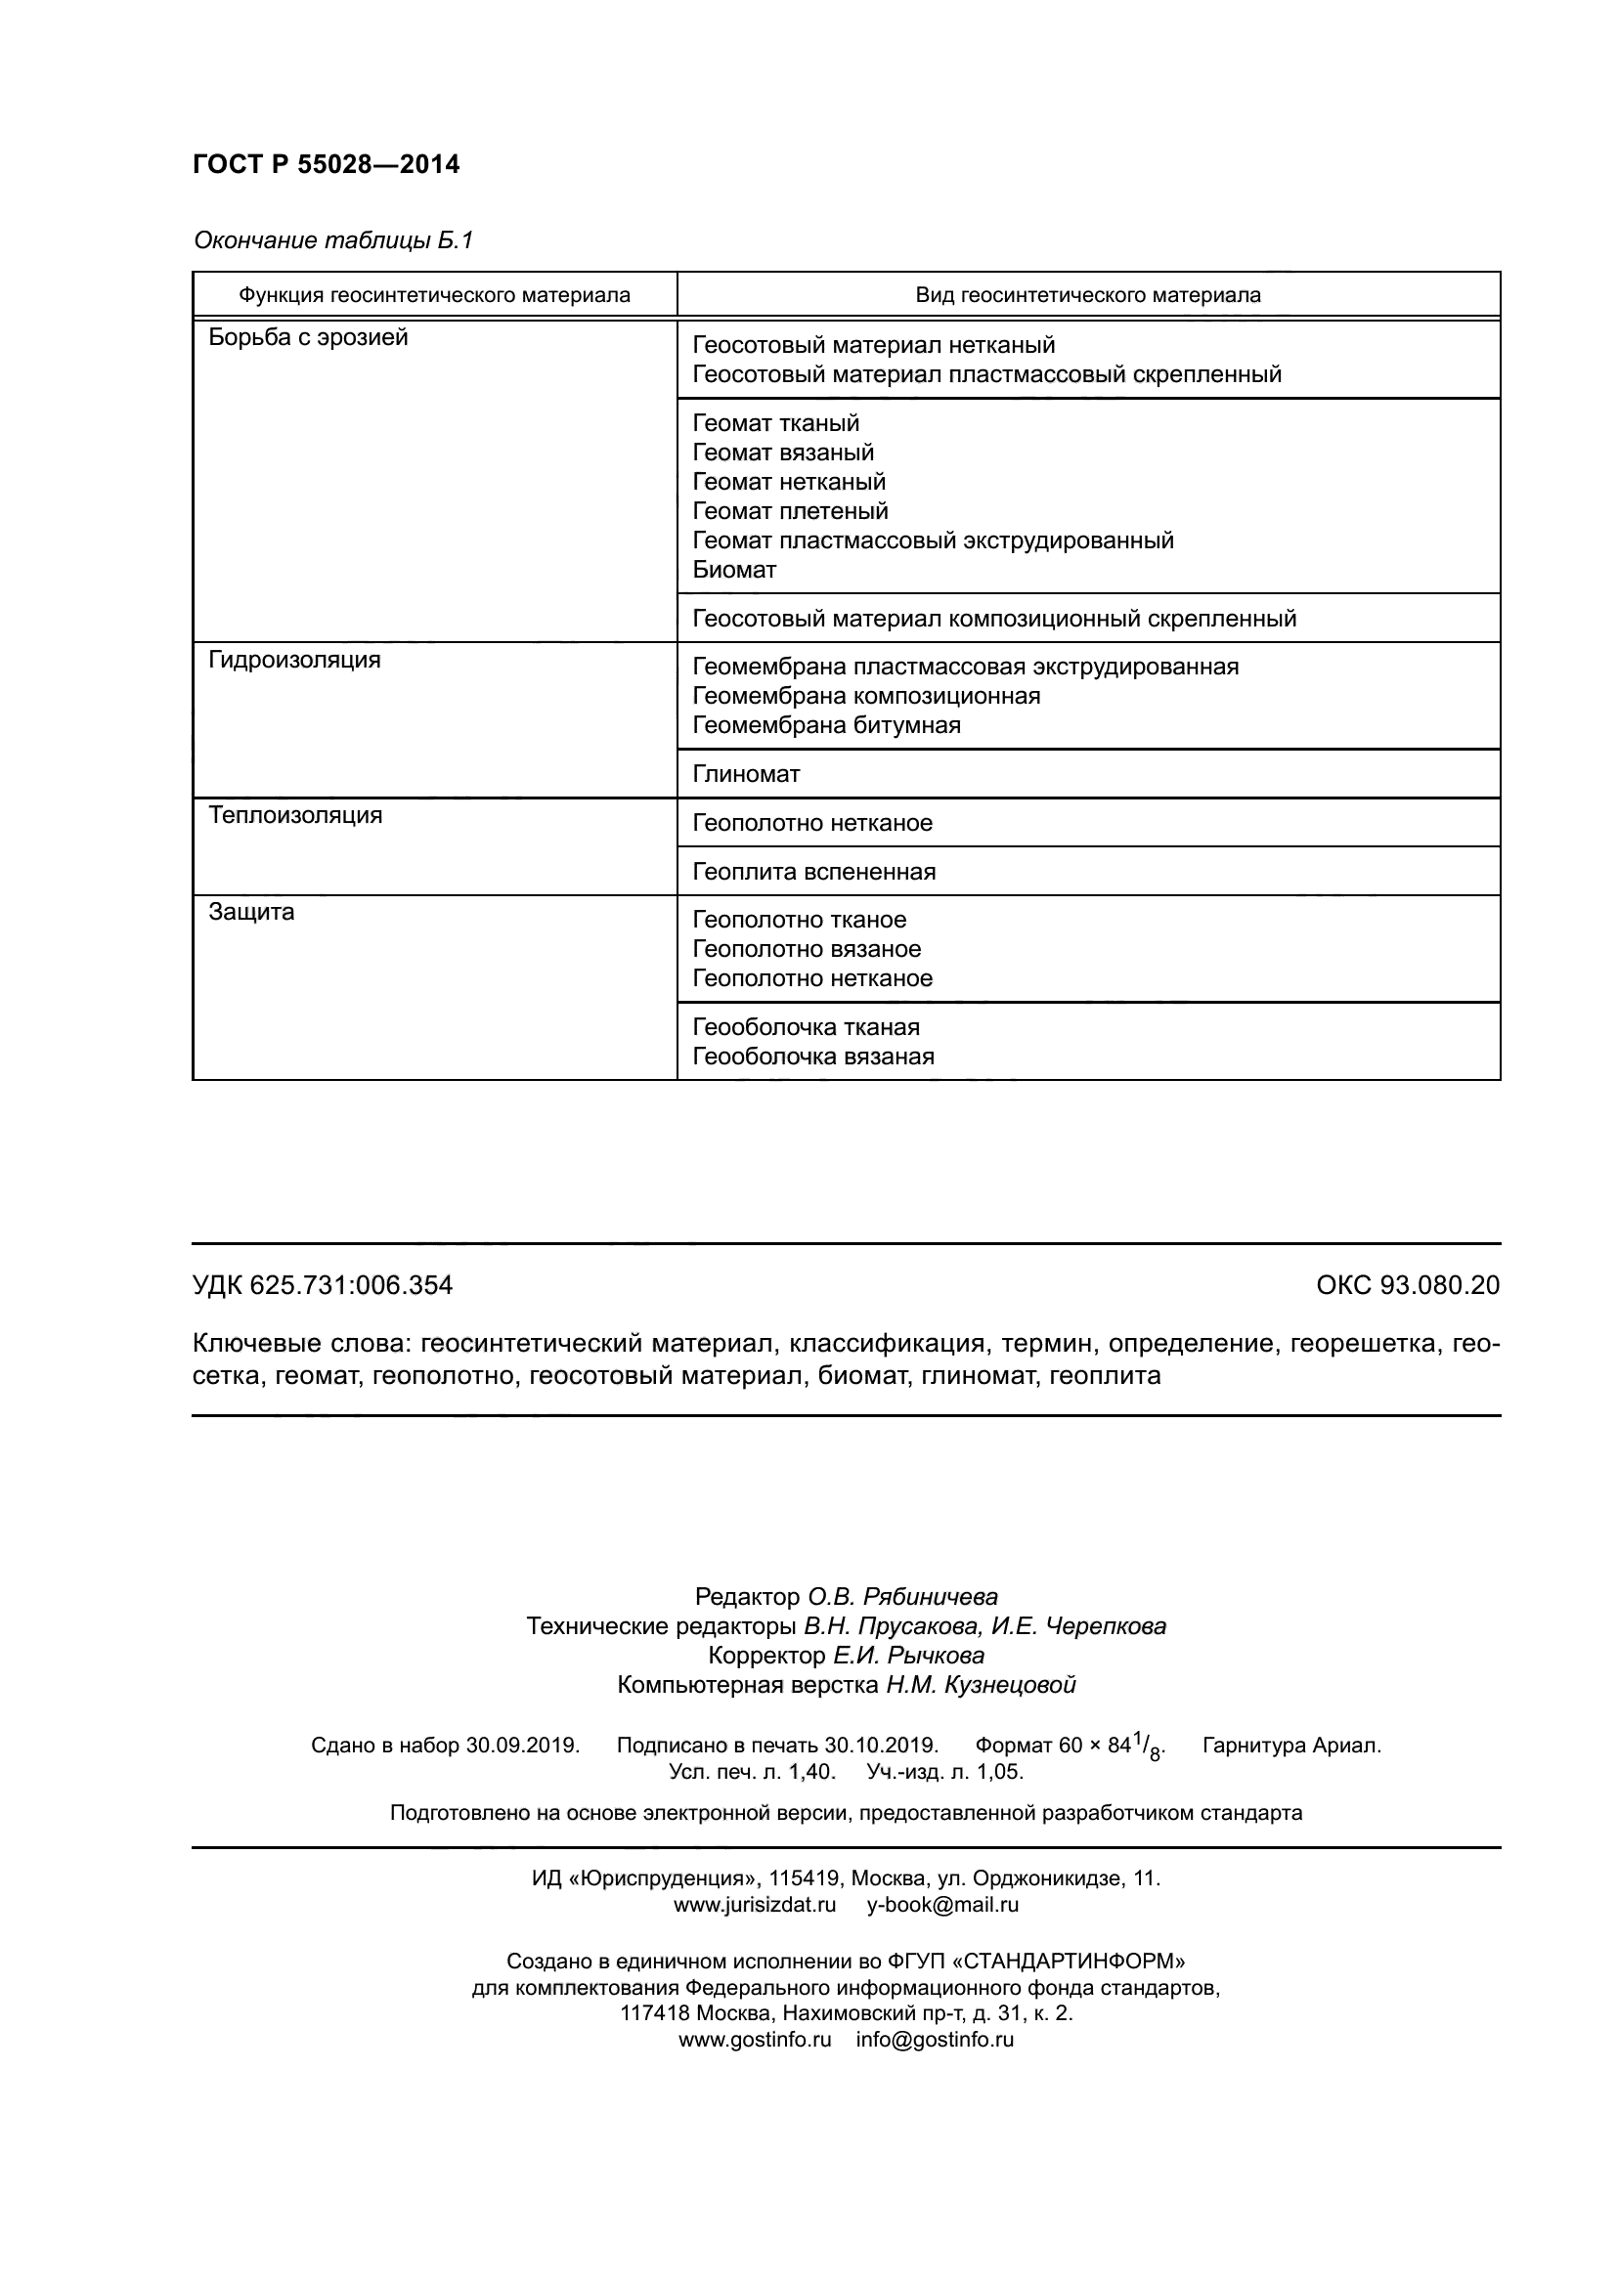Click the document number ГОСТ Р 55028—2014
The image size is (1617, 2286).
(x=327, y=164)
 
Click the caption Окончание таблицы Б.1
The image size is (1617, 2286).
(x=332, y=240)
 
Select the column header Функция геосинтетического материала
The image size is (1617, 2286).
(x=434, y=296)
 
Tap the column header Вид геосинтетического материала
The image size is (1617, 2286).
(x=1087, y=296)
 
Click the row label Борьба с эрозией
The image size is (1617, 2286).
(x=309, y=337)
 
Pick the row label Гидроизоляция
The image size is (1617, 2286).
(x=294, y=660)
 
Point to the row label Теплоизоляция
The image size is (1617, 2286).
(x=295, y=815)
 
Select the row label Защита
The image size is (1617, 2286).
(x=252, y=912)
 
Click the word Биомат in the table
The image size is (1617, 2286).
(x=734, y=571)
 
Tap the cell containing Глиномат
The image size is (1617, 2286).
(x=746, y=774)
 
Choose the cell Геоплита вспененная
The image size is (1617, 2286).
(x=813, y=872)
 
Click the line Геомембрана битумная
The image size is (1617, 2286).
(x=826, y=725)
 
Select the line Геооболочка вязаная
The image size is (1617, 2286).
(x=812, y=1057)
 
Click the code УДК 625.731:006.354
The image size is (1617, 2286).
(x=323, y=1285)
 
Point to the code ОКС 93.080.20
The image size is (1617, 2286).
(x=1407, y=1285)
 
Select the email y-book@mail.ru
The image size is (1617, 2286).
(x=941, y=1905)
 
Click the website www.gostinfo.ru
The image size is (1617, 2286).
(x=754, y=2039)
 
